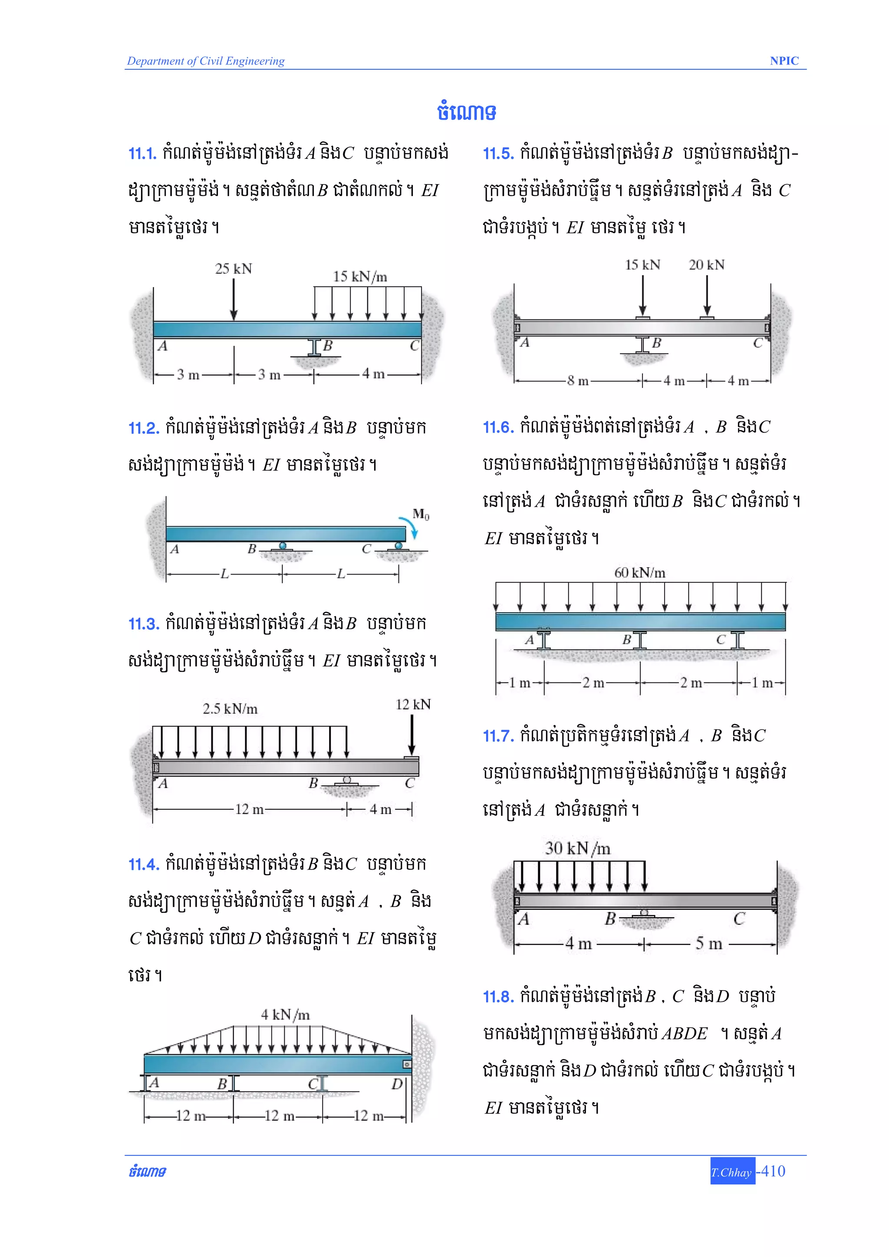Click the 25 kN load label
(x=234, y=269)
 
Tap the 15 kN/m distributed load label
(x=360, y=276)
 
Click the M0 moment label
(x=421, y=514)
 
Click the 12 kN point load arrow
(x=412, y=735)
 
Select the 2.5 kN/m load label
(x=230, y=709)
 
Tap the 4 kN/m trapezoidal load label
(x=285, y=1014)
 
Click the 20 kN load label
(x=707, y=265)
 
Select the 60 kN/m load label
(x=640, y=573)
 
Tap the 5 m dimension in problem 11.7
(x=709, y=943)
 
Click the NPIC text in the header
(x=784, y=61)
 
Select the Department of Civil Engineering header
(x=206, y=61)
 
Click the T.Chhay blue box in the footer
(x=732, y=1172)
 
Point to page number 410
(x=773, y=1171)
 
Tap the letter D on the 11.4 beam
(x=397, y=1083)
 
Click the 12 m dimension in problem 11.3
(x=249, y=809)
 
